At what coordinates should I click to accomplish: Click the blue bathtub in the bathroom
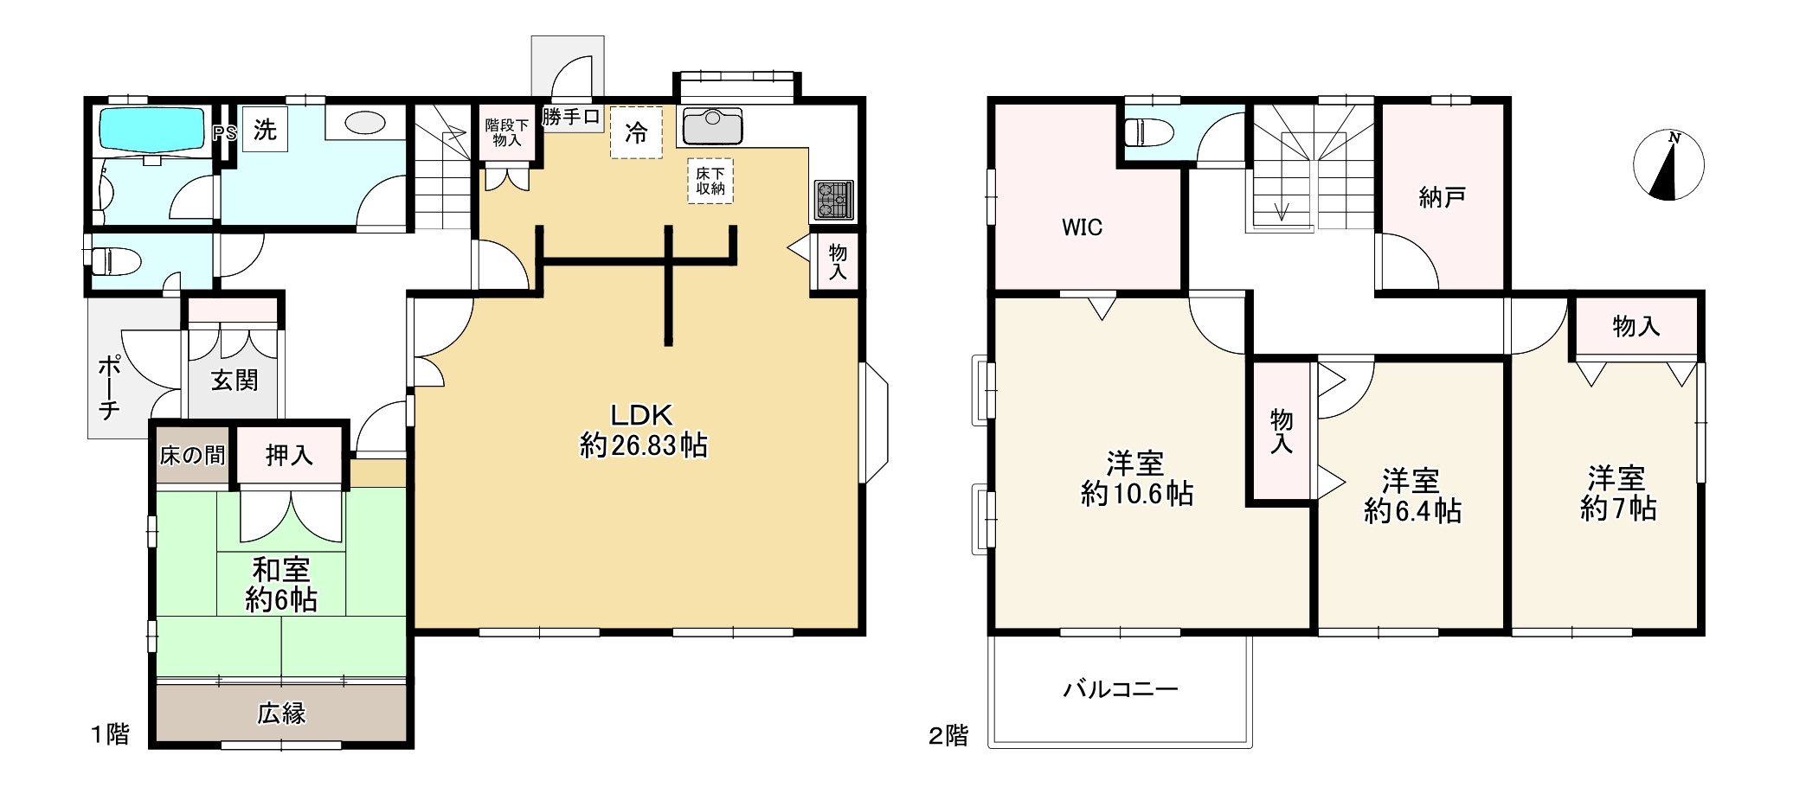pyautogui.click(x=152, y=129)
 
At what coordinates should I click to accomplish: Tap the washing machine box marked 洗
pyautogui.click(x=265, y=129)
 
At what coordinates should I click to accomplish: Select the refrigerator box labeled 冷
pyautogui.click(x=636, y=132)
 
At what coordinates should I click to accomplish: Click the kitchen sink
pyautogui.click(x=712, y=126)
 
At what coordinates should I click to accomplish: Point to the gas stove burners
pyautogui.click(x=833, y=200)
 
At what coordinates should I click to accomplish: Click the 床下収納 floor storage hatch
pyautogui.click(x=710, y=181)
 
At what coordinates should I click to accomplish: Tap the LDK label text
pyautogui.click(x=642, y=415)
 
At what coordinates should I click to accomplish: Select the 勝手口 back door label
pyautogui.click(x=571, y=117)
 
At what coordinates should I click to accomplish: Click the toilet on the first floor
pyautogui.click(x=116, y=260)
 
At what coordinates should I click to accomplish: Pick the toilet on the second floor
pyautogui.click(x=1148, y=133)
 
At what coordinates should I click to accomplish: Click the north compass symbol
pyautogui.click(x=1668, y=165)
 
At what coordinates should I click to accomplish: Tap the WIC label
pyautogui.click(x=1082, y=227)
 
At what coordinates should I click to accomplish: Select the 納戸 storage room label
pyautogui.click(x=1442, y=197)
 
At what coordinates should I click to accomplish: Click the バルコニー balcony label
pyautogui.click(x=1121, y=689)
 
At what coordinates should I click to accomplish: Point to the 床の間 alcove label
pyautogui.click(x=192, y=455)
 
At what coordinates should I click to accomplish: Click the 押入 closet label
pyautogui.click(x=289, y=455)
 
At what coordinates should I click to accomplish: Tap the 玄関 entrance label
pyautogui.click(x=235, y=381)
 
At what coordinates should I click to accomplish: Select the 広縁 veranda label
pyautogui.click(x=281, y=713)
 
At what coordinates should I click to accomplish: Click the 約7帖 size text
pyautogui.click(x=1618, y=509)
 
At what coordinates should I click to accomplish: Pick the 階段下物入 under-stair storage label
pyautogui.click(x=506, y=132)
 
